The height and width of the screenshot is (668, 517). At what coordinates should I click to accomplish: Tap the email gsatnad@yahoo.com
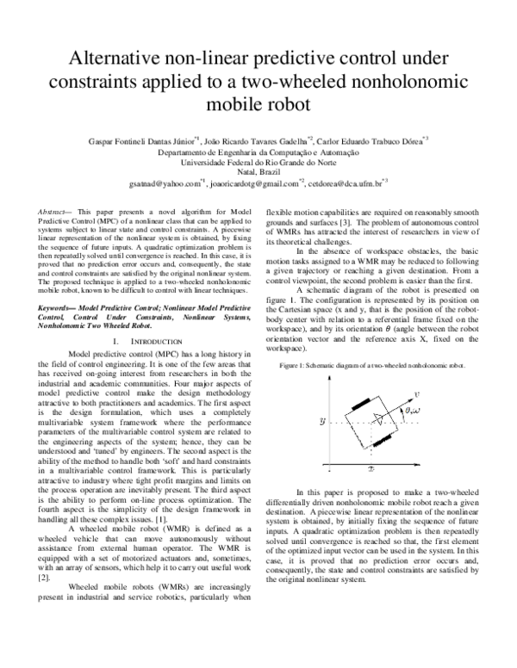pos(165,183)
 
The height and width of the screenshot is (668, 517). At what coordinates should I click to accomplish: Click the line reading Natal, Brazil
pos(258,171)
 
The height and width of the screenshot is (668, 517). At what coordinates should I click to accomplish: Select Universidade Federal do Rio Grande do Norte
pos(258,161)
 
